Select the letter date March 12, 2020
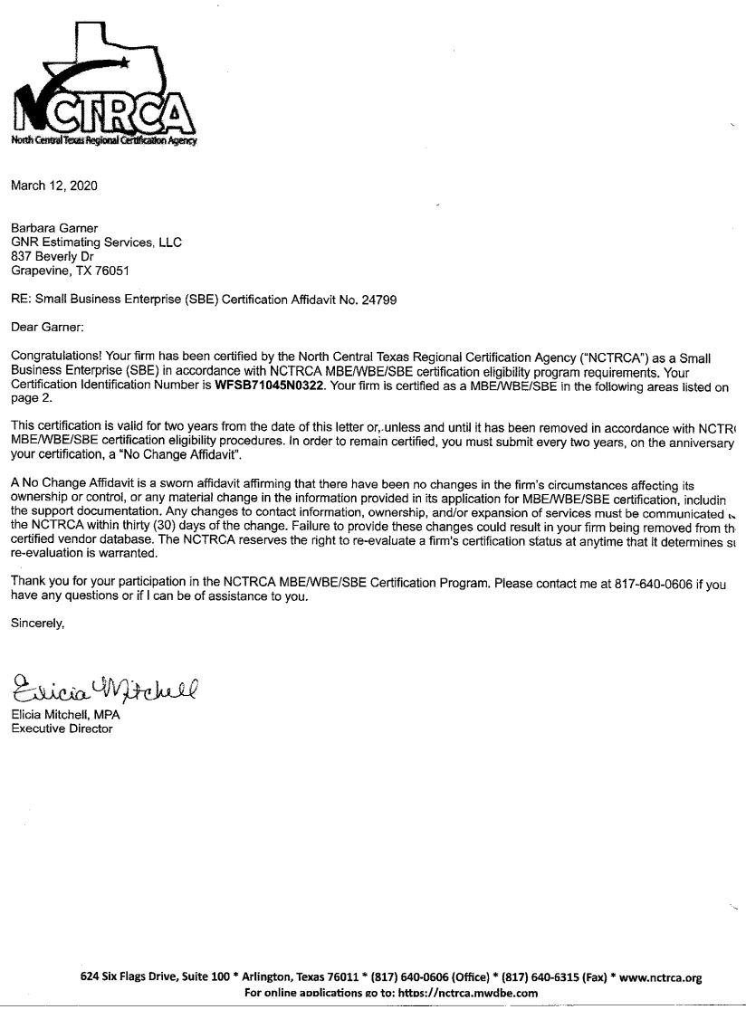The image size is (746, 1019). click(x=53, y=186)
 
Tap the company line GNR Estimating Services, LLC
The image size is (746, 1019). click(x=96, y=243)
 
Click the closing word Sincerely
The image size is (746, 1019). click(x=38, y=623)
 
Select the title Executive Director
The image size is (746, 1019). click(x=62, y=729)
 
